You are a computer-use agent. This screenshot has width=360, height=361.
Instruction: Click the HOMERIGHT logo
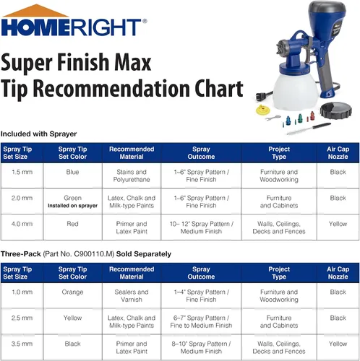click(x=74, y=21)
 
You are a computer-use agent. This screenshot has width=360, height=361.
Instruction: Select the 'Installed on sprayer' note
click(x=72, y=206)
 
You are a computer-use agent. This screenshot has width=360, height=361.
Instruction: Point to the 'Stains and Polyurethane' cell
click(x=132, y=175)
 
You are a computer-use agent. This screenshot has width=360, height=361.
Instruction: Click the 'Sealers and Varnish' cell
click(x=132, y=296)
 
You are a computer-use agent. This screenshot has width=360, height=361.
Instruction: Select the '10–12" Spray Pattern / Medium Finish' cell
click(x=202, y=227)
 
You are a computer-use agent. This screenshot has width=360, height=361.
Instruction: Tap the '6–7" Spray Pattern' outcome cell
click(x=201, y=321)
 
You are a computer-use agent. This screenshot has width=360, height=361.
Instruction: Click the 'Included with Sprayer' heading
click(x=38, y=134)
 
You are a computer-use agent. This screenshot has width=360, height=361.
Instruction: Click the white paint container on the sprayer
click(x=299, y=90)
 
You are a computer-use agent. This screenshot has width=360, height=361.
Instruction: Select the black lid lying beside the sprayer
click(x=336, y=110)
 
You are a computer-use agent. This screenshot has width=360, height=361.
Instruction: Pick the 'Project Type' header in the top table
click(x=279, y=153)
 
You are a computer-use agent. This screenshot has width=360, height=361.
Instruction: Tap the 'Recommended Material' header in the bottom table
click(x=132, y=273)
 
